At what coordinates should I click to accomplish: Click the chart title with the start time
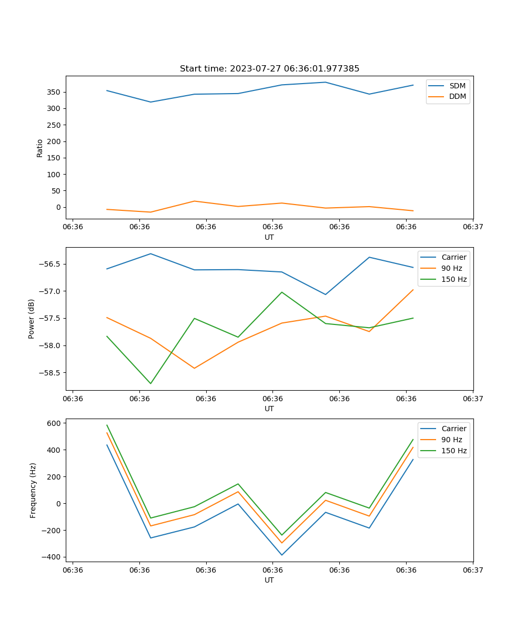(269, 69)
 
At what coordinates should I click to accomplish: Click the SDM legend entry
(457, 86)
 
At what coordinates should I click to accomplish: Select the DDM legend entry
(457, 96)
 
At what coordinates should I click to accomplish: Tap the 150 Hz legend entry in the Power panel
(453, 279)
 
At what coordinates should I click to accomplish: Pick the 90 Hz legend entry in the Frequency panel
(451, 440)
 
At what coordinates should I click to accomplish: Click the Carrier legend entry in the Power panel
(453, 257)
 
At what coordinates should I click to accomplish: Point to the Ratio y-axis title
(40, 148)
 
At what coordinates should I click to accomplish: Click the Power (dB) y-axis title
(32, 319)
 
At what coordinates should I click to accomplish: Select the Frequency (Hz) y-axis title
(33, 490)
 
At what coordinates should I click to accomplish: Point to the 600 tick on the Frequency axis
(55, 423)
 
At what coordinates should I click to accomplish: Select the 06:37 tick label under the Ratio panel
(473, 227)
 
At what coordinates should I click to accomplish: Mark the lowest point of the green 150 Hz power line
(151, 383)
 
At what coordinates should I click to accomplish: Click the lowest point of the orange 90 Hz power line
(194, 368)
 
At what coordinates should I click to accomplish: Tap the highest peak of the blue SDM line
(326, 82)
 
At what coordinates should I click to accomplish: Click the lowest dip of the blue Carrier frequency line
(282, 555)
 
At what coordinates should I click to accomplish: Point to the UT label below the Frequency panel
(269, 580)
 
